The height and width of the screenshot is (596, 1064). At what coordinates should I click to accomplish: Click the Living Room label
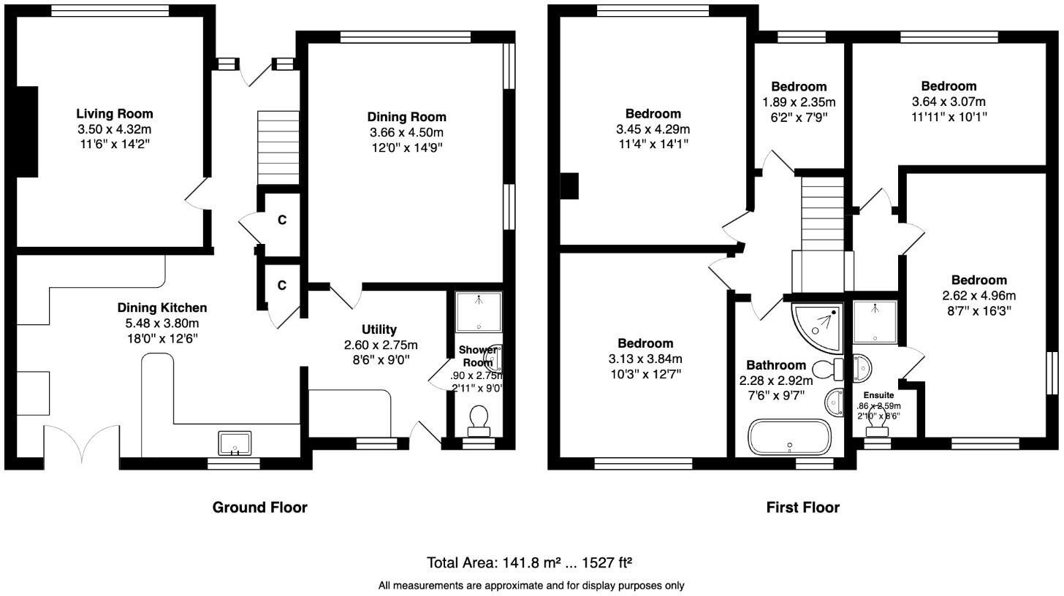[115, 114]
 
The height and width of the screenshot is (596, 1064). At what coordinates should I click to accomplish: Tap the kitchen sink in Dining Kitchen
[235, 443]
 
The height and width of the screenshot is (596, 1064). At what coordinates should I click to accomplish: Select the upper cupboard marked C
[281, 220]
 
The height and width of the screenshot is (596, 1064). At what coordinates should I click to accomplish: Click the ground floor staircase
[278, 148]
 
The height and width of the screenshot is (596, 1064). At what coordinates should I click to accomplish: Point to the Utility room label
[379, 329]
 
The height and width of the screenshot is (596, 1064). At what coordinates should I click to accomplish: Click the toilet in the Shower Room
[479, 419]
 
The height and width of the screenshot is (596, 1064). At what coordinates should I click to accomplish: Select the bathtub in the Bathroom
[789, 437]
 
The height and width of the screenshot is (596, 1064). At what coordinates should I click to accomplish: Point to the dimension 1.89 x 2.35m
[799, 102]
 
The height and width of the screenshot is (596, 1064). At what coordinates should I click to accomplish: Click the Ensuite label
[878, 395]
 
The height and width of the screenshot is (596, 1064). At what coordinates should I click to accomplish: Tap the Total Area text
[529, 562]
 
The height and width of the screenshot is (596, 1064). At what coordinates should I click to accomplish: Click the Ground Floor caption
[259, 507]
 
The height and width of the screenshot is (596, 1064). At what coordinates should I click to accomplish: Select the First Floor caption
[802, 507]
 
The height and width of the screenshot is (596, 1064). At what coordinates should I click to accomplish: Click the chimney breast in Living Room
[27, 131]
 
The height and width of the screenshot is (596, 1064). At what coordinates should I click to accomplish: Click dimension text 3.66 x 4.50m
[406, 132]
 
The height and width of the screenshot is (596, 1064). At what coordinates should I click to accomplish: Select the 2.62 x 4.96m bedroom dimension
[978, 296]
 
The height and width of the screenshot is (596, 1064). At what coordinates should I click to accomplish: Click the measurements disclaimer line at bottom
[531, 585]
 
